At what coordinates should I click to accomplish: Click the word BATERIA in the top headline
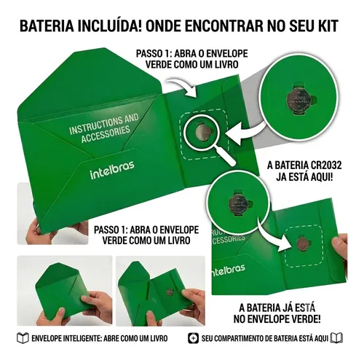pos(47,26)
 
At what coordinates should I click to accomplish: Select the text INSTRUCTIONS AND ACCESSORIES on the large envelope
pos(104,129)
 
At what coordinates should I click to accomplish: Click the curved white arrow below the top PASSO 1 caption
pos(184,87)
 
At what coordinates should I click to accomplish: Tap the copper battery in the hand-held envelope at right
pos(302,243)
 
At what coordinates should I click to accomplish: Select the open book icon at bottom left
pos(23,338)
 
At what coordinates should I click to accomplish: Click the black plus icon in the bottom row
pos(193,338)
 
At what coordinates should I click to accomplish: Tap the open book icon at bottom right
pos(337,338)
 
